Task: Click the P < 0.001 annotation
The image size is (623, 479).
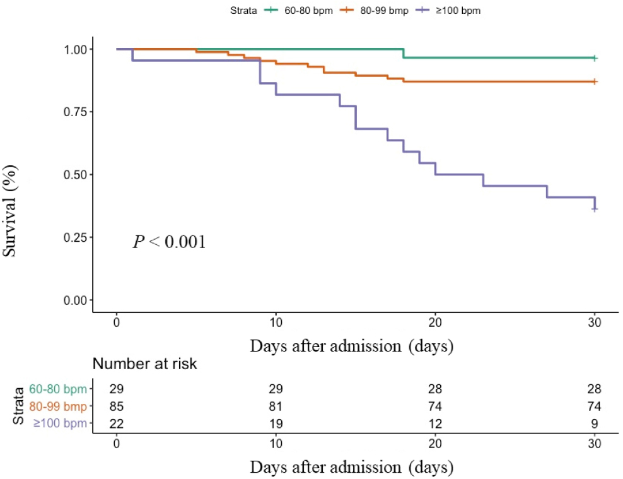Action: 169,242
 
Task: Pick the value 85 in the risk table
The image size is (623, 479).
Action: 117,406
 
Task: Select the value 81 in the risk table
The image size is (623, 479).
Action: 276,406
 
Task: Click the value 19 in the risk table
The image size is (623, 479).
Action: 276,423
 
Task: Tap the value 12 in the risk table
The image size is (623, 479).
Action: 435,423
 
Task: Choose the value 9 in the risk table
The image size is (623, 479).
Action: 594,423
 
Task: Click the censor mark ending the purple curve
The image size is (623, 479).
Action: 595,209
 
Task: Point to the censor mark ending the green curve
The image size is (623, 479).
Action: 595,58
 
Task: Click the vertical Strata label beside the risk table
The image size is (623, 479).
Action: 20,406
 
